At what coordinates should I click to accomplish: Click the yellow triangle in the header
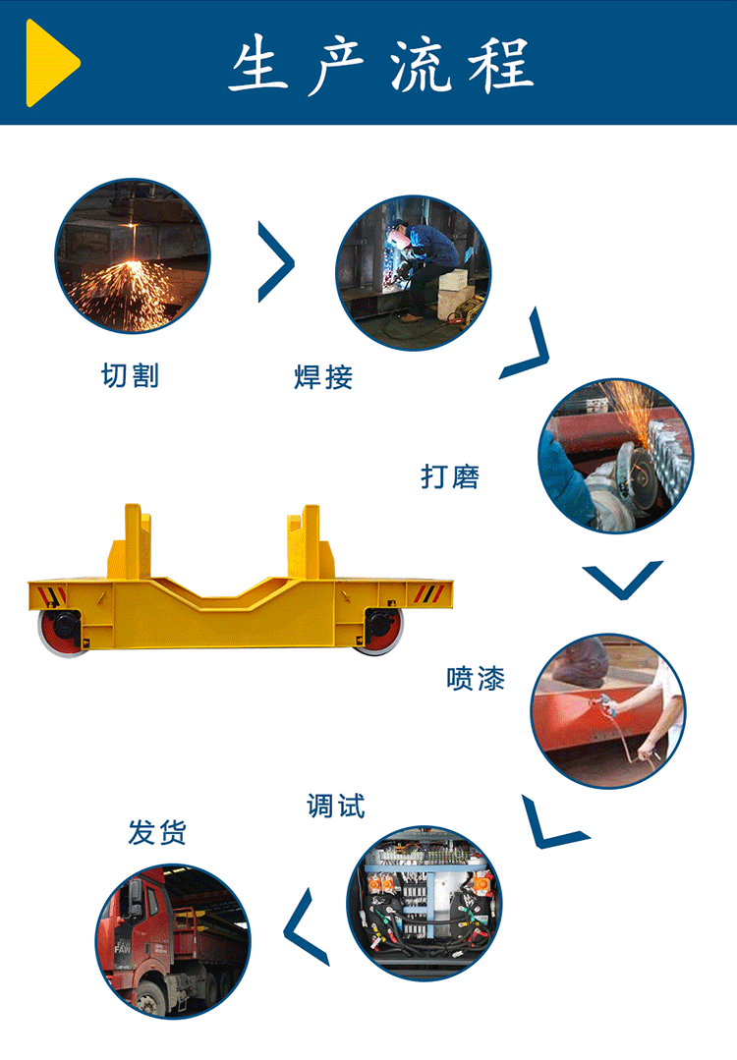[51, 63]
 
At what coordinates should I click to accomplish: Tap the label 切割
[131, 375]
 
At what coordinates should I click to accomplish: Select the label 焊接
[323, 376]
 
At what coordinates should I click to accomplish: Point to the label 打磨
[450, 476]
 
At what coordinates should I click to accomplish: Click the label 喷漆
[476, 678]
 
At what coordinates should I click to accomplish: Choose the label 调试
[336, 806]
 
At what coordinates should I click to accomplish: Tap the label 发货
[157, 832]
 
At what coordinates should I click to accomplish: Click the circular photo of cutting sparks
[133, 255]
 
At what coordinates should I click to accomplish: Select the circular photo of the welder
[413, 272]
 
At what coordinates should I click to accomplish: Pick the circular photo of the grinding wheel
[616, 455]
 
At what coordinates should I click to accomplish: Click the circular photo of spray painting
[608, 710]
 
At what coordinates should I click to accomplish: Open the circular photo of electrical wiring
[425, 903]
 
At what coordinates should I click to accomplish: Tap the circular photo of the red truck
[173, 941]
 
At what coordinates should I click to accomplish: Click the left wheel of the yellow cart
[61, 631]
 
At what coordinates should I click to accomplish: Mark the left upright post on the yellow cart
[134, 541]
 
